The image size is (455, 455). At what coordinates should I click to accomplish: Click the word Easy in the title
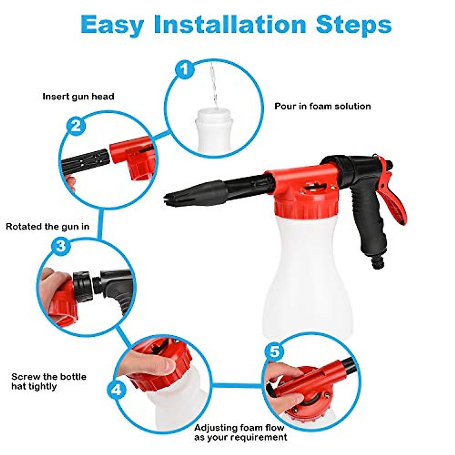coord(112,25)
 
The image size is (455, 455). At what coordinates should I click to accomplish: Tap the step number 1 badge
coord(185,70)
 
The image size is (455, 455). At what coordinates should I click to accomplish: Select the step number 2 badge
coord(76,126)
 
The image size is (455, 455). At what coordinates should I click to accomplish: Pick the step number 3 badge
coord(61,246)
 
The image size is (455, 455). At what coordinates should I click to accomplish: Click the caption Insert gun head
coord(78,96)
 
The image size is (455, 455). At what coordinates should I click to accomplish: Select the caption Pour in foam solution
coord(322,106)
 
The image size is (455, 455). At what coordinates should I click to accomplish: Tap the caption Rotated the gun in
coord(47,227)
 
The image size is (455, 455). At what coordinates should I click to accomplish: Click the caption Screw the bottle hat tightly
coord(49,381)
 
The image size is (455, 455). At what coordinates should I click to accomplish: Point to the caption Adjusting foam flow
coord(240,428)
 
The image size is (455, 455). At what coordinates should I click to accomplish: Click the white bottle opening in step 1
coord(213,113)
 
